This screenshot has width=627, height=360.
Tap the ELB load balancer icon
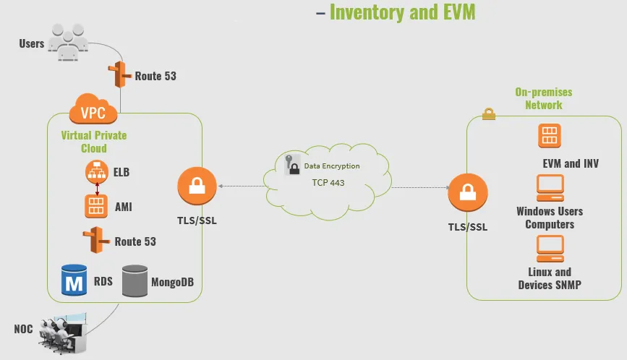click(97, 172)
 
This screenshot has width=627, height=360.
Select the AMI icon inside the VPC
click(96, 206)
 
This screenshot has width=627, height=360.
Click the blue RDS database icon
click(74, 280)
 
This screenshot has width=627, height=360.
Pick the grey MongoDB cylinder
click(135, 281)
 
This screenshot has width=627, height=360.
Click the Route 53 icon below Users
click(119, 74)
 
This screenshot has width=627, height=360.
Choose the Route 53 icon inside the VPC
click(96, 240)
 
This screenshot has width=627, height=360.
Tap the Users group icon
click(68, 43)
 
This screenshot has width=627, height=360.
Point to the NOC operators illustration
click(63, 333)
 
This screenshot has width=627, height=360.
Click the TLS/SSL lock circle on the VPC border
click(197, 187)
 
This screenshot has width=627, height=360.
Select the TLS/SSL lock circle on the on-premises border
click(468, 192)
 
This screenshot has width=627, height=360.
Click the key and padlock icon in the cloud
click(292, 165)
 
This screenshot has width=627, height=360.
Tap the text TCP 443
click(328, 183)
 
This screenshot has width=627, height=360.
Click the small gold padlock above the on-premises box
click(489, 114)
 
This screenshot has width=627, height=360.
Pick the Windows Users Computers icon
click(550, 188)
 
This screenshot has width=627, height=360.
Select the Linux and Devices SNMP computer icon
click(550, 249)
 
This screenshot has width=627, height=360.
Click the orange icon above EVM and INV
click(550, 136)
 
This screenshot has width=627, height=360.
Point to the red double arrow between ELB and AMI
click(97, 189)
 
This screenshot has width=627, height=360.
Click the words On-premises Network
click(543, 98)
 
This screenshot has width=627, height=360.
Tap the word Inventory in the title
click(367, 12)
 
